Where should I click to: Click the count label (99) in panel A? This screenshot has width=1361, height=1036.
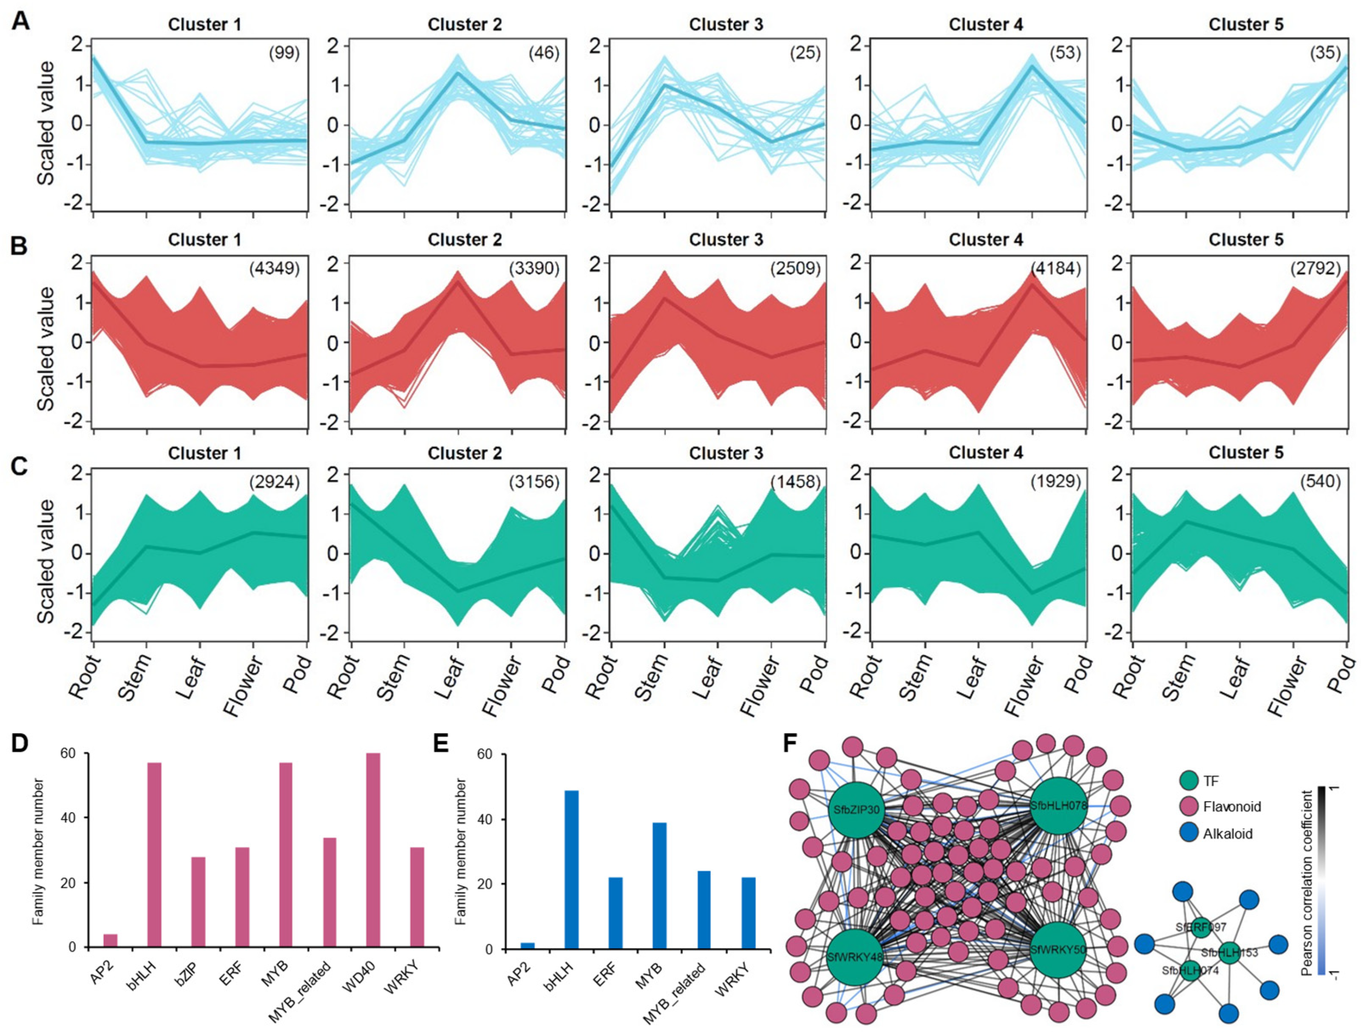[284, 53]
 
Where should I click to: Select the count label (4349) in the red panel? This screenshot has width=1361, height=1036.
[275, 268]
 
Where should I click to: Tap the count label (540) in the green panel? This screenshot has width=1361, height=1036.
[1320, 481]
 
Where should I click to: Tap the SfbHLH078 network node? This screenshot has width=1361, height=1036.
[1058, 805]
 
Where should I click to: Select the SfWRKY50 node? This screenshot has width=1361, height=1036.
[1058, 950]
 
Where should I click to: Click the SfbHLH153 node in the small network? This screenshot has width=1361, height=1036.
[1229, 953]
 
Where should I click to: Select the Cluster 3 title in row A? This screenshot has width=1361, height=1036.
[726, 25]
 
